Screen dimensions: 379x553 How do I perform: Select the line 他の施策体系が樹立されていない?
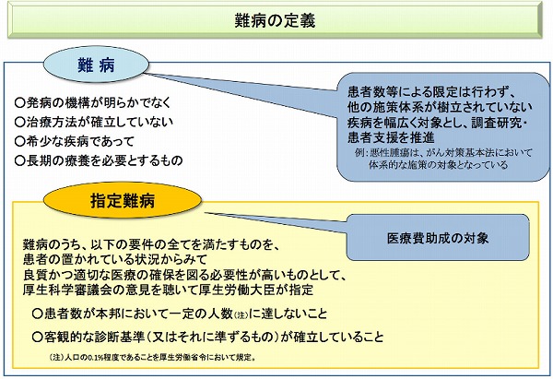pyautogui.click(x=429, y=108)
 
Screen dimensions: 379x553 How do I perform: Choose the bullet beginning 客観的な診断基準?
pyautogui.click(x=206, y=337)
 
